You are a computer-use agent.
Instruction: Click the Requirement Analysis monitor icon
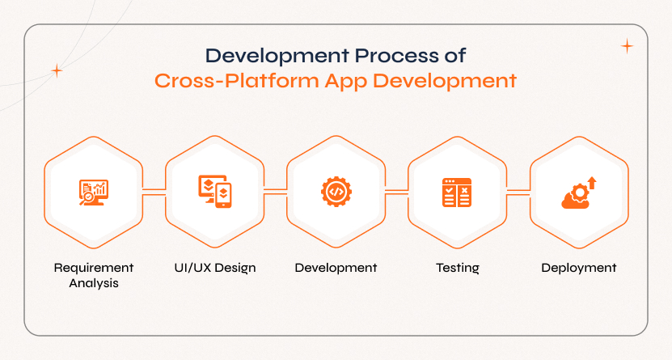click(94, 193)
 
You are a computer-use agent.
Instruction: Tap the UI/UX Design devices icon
click(215, 192)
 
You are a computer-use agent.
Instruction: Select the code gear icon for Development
click(336, 192)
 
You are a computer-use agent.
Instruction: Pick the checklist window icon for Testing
click(457, 193)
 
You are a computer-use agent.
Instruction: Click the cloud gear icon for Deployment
click(578, 193)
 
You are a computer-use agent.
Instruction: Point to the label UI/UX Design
click(215, 268)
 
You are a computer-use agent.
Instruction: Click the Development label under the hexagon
click(336, 269)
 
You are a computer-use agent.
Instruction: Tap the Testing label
click(457, 269)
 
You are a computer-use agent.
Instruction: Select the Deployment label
click(578, 269)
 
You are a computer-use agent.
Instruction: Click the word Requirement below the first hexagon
click(94, 268)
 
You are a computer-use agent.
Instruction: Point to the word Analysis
click(94, 284)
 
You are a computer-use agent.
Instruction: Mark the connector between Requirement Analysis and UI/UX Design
click(154, 192)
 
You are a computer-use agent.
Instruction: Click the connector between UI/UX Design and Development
click(275, 192)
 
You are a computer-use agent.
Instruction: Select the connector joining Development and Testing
click(396, 192)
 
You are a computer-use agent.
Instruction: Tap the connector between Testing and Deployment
click(518, 192)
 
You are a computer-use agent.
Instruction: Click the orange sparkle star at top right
click(627, 46)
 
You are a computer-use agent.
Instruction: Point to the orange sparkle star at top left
click(57, 70)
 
